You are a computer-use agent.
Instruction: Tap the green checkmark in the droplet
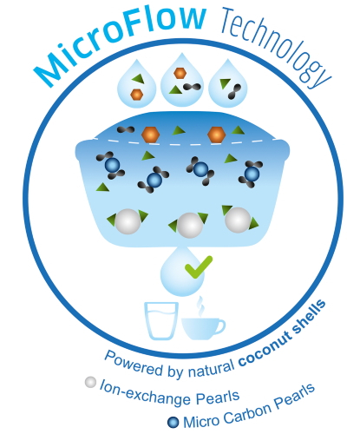pyautogui.click(x=199, y=267)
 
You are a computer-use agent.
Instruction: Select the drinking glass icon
pyautogui.click(x=161, y=320)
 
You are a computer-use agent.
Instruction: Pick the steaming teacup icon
pyautogui.click(x=203, y=328)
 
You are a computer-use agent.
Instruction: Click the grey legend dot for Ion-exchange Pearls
pyautogui.click(x=90, y=382)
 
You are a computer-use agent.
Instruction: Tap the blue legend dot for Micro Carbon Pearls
pyautogui.click(x=173, y=422)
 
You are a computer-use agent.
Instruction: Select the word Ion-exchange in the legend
pyautogui.click(x=146, y=394)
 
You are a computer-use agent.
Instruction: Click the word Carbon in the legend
pyautogui.click(x=247, y=413)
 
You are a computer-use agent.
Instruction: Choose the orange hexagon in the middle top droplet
pyautogui.click(x=180, y=73)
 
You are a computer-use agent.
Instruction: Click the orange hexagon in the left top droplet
pyautogui.click(x=137, y=95)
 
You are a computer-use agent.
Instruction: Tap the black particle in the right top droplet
pyautogui.click(x=234, y=92)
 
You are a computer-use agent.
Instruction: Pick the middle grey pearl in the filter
pyautogui.click(x=190, y=226)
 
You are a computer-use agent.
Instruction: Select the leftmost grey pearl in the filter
pyautogui.click(x=128, y=221)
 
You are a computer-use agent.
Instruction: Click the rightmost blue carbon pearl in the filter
pyautogui.click(x=252, y=174)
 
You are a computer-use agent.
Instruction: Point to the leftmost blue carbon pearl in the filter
pyautogui.click(x=112, y=165)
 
